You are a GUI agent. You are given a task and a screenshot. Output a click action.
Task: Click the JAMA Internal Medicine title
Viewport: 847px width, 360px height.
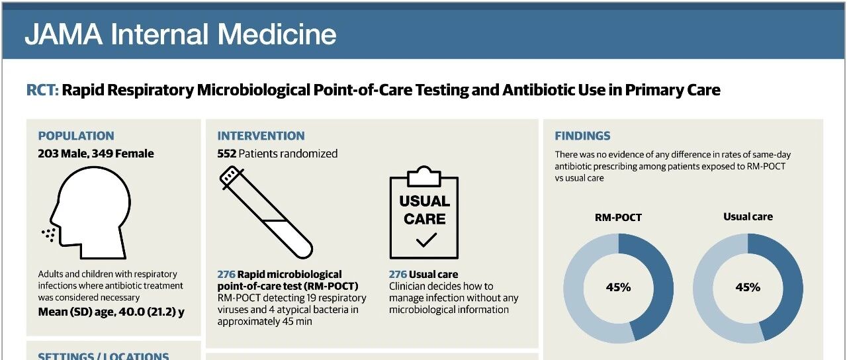coord(181,34)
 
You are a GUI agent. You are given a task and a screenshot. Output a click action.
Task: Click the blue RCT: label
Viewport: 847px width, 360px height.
coord(42,90)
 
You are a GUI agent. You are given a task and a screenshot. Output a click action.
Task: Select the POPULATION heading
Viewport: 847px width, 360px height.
coord(76,136)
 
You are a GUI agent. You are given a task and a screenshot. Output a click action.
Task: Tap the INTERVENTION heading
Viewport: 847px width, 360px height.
coord(261,136)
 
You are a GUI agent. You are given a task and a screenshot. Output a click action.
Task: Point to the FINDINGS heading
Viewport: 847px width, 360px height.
coord(582,136)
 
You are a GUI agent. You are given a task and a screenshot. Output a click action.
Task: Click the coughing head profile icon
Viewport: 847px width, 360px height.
coord(88,212)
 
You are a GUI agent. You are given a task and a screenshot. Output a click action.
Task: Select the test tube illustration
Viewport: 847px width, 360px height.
coord(266,212)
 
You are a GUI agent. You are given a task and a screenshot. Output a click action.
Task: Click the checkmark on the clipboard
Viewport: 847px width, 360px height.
coord(426,240)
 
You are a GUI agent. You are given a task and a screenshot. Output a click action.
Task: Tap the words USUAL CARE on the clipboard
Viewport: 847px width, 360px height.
coord(425,210)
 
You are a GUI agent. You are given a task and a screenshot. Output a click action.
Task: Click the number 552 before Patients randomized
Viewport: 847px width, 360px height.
coord(226,154)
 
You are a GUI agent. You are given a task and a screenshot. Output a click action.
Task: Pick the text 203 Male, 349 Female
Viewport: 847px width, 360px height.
coord(96,154)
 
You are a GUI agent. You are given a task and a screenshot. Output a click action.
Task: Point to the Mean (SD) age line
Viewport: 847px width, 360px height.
coord(111,312)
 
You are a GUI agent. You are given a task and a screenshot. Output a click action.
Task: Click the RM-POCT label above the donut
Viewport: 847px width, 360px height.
coord(618,218)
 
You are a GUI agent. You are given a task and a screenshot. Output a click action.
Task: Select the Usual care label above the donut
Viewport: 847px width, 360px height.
coord(748,216)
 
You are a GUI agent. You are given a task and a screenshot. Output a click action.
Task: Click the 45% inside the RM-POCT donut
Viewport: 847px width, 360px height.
coord(618,287)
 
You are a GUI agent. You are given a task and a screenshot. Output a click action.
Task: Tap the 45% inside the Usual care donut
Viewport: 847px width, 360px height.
coord(748,287)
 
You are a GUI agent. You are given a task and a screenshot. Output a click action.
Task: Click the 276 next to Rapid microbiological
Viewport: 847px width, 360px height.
coord(226,274)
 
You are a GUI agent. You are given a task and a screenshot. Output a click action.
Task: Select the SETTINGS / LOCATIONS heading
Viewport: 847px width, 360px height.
coord(103,356)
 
